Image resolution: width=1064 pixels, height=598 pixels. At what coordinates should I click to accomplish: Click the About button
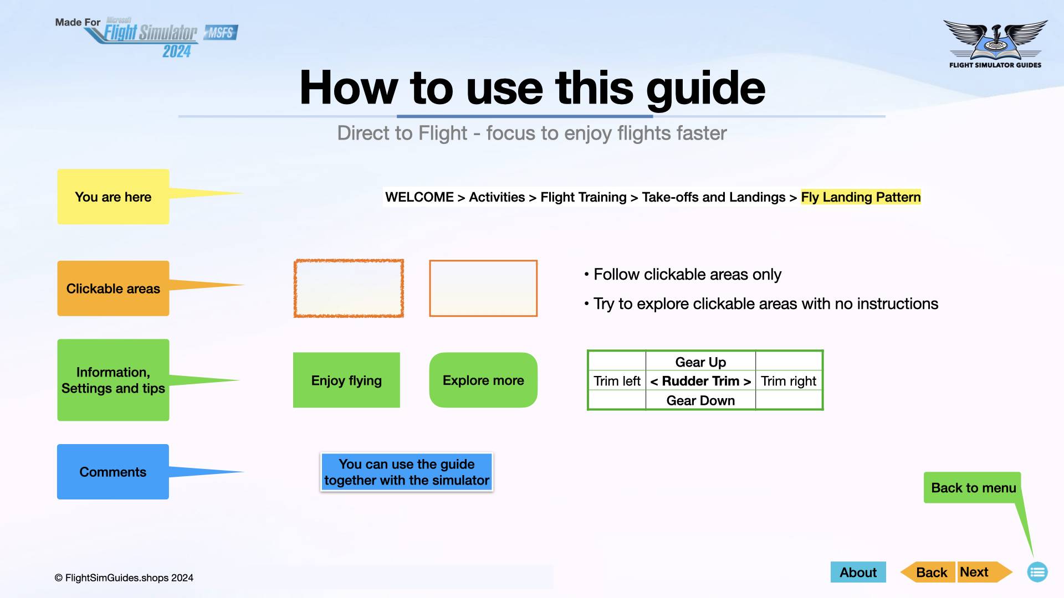click(858, 572)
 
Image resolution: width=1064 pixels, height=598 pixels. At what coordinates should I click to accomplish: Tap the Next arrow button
click(978, 572)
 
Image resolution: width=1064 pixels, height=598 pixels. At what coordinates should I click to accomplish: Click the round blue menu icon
click(1037, 572)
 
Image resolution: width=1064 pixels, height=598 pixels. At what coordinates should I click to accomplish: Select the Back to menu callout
click(973, 488)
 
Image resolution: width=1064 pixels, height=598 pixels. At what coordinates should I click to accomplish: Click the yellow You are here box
click(113, 197)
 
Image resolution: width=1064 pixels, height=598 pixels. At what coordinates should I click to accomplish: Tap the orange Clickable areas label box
click(113, 288)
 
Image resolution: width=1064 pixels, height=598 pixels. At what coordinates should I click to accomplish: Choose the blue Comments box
click(113, 472)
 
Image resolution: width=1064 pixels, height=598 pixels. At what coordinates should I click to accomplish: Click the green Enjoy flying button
click(346, 380)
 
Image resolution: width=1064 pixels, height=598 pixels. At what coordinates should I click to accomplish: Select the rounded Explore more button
click(483, 380)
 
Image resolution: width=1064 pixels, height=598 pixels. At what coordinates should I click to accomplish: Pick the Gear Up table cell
click(700, 362)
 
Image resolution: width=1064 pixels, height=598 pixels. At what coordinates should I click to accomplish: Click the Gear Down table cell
click(700, 400)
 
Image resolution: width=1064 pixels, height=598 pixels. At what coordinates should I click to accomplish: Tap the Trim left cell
click(617, 381)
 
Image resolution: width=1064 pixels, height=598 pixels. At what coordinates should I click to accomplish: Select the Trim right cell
click(788, 381)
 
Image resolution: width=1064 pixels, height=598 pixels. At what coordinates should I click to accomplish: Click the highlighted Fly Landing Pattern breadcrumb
click(861, 197)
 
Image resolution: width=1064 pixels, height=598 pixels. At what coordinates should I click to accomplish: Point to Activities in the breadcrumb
click(497, 197)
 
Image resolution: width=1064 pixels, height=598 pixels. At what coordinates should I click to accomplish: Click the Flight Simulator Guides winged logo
click(995, 42)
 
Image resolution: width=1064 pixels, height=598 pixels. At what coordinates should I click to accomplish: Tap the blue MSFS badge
click(221, 33)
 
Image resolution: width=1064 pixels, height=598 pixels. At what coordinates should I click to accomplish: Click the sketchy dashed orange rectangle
click(349, 288)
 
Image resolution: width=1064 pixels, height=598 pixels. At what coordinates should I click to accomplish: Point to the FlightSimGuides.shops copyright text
click(124, 578)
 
